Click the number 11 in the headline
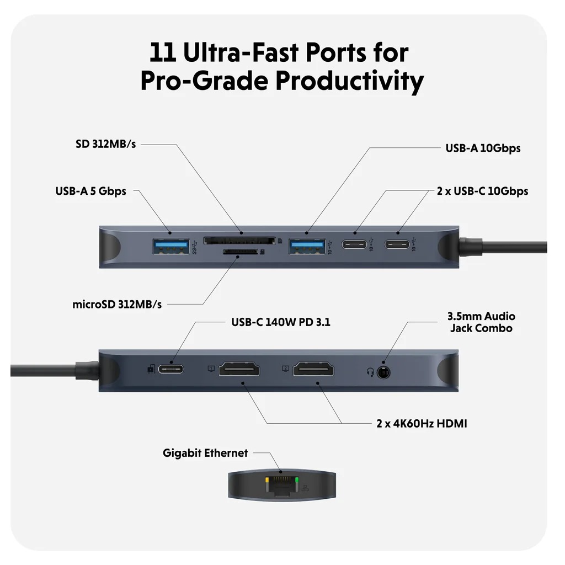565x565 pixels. coord(163,53)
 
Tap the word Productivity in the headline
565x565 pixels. coord(349,81)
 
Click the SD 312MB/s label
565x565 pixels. coord(105,145)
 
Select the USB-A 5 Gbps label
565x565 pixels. coord(90,191)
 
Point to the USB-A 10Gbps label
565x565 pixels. coord(483,148)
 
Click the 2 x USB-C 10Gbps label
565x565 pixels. coord(482,191)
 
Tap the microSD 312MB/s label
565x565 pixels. coord(117,304)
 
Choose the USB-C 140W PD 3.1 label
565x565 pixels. coord(281,322)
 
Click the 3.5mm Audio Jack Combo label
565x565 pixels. coord(481,322)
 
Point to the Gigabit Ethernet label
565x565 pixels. coord(205,453)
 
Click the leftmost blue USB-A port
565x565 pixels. coord(170,244)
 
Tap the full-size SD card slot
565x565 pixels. coord(239,241)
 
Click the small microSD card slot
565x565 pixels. coord(239,253)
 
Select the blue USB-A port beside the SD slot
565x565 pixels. coord(307,244)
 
